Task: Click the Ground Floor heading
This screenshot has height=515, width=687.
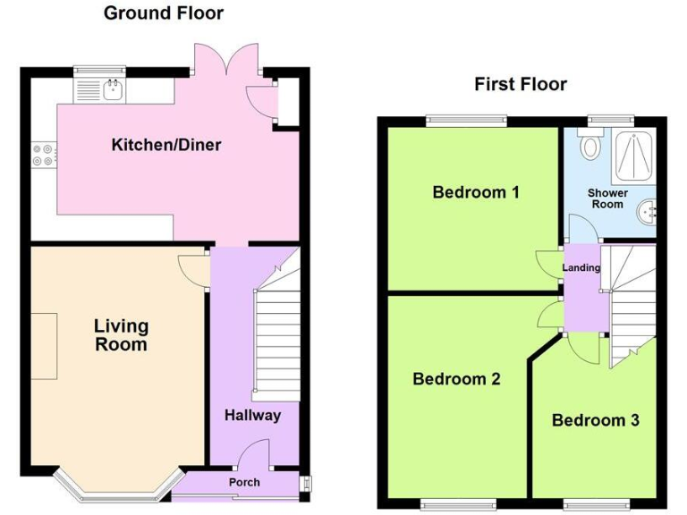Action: pos(164,13)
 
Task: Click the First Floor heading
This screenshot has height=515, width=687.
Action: pos(521,85)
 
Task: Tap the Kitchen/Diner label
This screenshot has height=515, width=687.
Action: pos(166,145)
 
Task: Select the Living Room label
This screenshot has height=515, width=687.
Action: pos(121,335)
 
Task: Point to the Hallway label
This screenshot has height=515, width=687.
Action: pos(252,415)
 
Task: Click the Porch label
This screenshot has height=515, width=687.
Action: pos(244,482)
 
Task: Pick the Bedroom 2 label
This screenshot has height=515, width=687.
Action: pos(456,378)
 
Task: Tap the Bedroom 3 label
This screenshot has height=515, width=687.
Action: pos(595,420)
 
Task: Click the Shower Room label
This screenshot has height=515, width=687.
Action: pos(607,198)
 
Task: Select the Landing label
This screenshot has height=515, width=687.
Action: pos(581,268)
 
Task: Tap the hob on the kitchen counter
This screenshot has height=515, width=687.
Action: pos(43,156)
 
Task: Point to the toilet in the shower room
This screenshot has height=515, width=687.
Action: pos(589,145)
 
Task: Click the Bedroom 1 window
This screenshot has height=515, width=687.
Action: pos(465,119)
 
